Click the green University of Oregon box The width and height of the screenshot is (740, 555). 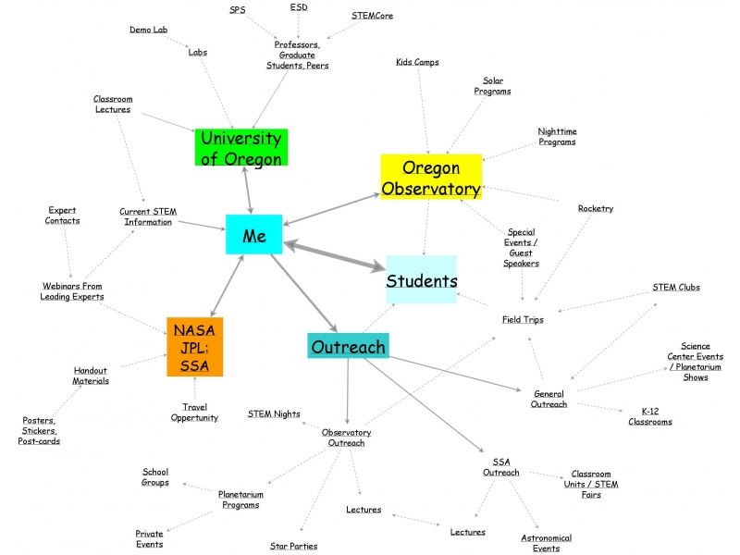[241, 148]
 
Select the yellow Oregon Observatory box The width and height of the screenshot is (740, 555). [431, 178]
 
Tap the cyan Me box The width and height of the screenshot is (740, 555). [253, 235]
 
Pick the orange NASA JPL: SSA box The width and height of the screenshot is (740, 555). [194, 347]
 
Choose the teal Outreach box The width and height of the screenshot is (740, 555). [348, 346]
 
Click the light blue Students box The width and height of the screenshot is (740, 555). [422, 279]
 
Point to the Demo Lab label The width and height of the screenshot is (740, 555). [148, 30]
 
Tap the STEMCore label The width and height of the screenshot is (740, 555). [372, 16]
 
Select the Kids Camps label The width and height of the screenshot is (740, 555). [417, 62]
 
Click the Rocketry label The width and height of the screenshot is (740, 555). [596, 208]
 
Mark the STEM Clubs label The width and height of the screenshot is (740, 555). [676, 287]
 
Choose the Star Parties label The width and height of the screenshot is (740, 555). [293, 546]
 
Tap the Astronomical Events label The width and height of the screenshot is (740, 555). [546, 543]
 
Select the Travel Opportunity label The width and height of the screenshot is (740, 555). [194, 413]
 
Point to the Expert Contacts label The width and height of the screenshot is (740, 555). [62, 215]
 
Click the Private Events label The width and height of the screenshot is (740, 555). [149, 538]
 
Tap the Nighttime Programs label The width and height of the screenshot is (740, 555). [557, 136]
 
